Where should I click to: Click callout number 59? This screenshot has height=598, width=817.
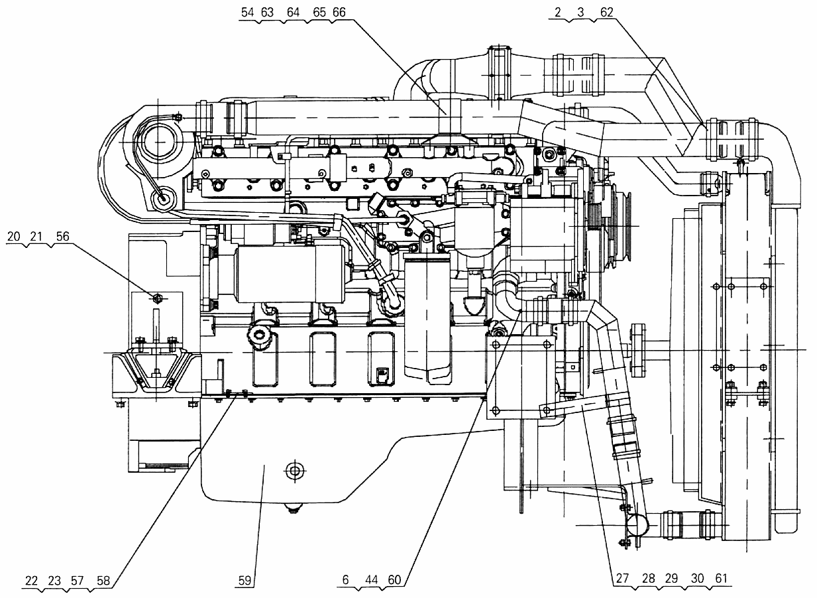click(x=245, y=581)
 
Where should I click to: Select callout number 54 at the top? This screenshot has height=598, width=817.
click(x=247, y=13)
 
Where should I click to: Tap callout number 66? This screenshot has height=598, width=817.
click(x=339, y=13)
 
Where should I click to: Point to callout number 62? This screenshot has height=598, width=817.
click(x=606, y=13)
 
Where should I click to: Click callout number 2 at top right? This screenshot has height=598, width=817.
click(x=558, y=13)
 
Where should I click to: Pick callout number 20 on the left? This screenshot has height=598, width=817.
click(x=13, y=237)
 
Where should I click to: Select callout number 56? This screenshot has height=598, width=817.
click(x=62, y=237)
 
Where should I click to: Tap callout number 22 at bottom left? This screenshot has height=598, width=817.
click(x=31, y=581)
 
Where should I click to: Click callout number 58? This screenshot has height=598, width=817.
click(x=103, y=581)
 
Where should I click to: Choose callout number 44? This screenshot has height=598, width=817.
click(x=371, y=579)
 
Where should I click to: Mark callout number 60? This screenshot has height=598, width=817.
click(x=394, y=579)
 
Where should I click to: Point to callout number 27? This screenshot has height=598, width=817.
click(x=623, y=578)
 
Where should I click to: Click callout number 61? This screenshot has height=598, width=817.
click(x=721, y=578)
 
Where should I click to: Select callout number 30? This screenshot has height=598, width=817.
click(x=697, y=578)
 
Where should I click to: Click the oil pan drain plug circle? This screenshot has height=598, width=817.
click(x=294, y=471)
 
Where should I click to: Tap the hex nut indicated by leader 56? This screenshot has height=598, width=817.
click(x=157, y=299)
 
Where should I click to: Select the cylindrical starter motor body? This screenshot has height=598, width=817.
click(x=290, y=274)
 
